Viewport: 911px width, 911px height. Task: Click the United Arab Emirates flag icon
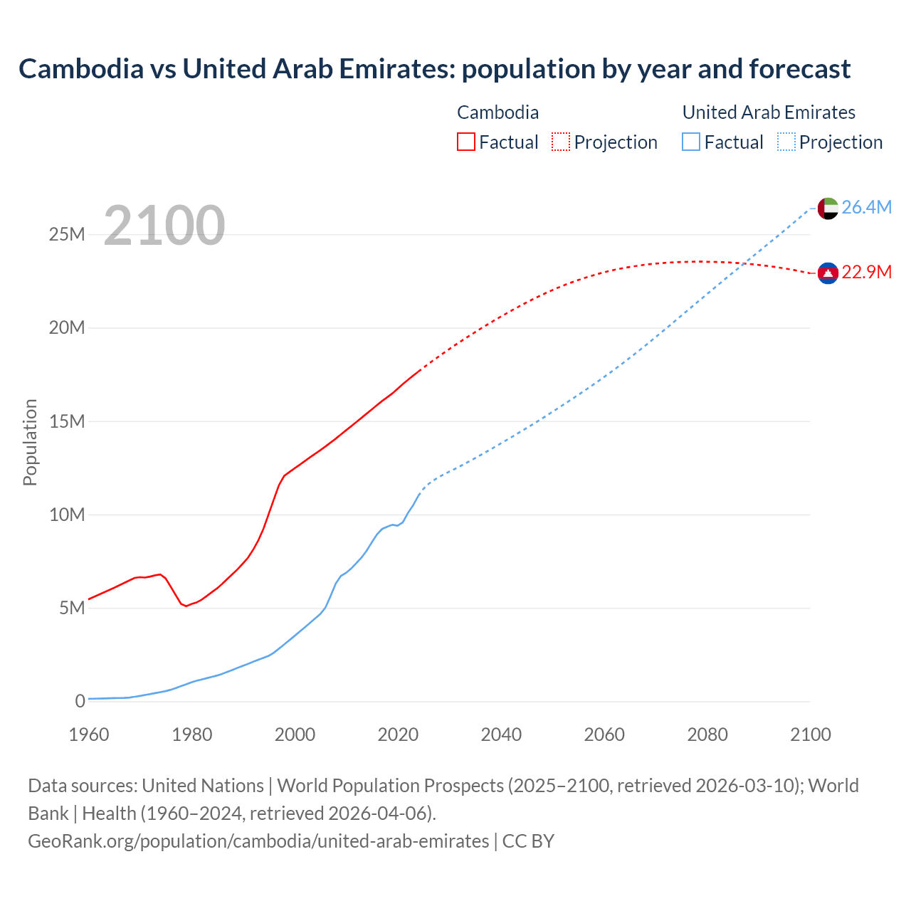point(828,209)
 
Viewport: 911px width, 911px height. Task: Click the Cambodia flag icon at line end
point(828,273)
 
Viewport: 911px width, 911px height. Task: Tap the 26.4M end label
point(866,207)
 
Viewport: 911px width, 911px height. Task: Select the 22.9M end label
point(866,273)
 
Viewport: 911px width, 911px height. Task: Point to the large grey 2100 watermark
point(164,226)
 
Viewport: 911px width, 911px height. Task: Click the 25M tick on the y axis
point(67,235)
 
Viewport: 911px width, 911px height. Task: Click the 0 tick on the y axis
point(80,701)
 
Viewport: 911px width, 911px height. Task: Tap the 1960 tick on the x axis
point(89,734)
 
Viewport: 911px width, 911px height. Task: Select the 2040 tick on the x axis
point(501,734)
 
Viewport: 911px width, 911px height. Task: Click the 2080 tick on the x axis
point(707,734)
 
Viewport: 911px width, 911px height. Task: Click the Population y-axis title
point(30,443)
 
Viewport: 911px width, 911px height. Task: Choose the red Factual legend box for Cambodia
point(465,142)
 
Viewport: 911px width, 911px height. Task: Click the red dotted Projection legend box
point(561,142)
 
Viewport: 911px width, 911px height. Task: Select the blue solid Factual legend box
point(690,142)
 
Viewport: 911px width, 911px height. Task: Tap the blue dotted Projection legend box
point(786,142)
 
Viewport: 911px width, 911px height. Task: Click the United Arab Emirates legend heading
point(769,112)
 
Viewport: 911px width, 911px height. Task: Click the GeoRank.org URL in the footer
point(258,841)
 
